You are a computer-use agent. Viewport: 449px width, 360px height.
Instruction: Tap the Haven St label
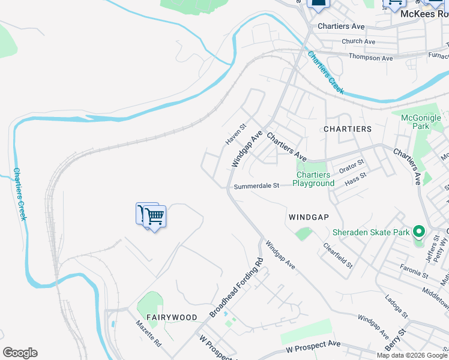236,134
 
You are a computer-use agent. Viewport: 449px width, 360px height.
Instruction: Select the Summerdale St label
256,186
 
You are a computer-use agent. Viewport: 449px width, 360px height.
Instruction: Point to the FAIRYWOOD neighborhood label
172,317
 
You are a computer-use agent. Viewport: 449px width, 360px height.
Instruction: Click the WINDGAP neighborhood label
309,217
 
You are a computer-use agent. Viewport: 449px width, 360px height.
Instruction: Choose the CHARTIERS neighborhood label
348,129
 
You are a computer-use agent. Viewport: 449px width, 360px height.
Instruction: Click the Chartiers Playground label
313,179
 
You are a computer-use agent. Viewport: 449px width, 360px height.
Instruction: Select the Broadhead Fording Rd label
237,288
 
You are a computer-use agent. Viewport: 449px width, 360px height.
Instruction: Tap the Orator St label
352,166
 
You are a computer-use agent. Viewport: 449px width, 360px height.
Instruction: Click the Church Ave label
358,41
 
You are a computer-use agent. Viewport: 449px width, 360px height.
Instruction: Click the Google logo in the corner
20,353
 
